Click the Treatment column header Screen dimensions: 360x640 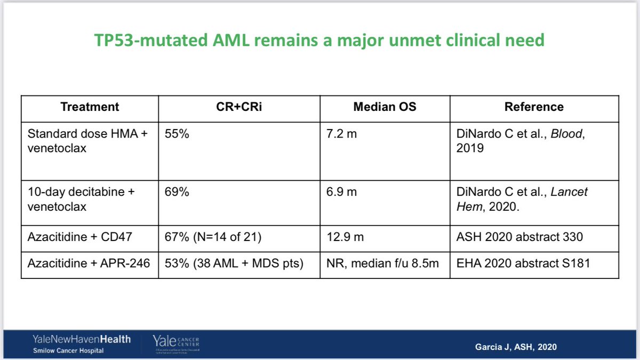point(90,107)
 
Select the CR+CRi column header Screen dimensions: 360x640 point(239,107)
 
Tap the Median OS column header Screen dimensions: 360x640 point(385,107)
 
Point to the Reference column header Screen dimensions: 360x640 point(534,107)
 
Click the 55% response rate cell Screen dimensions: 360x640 point(176,134)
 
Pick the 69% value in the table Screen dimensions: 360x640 point(176,191)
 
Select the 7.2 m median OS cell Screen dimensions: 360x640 point(342,134)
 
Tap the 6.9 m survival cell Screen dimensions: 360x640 point(342,191)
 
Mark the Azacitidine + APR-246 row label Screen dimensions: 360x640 point(86,263)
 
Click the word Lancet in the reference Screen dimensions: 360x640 point(569,191)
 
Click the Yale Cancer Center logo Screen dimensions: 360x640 point(175,342)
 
